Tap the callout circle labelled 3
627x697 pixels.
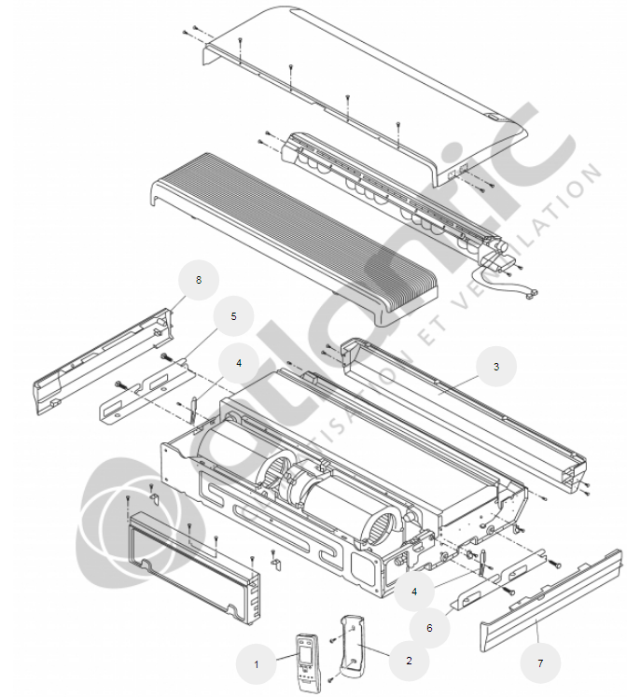(x=495, y=368)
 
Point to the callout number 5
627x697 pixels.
(x=234, y=316)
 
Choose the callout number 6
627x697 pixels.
(x=429, y=628)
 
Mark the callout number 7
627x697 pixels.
(x=538, y=662)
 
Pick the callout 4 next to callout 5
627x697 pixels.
(x=239, y=362)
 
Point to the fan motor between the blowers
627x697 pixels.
(x=300, y=485)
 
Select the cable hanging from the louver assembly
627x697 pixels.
(x=504, y=280)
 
